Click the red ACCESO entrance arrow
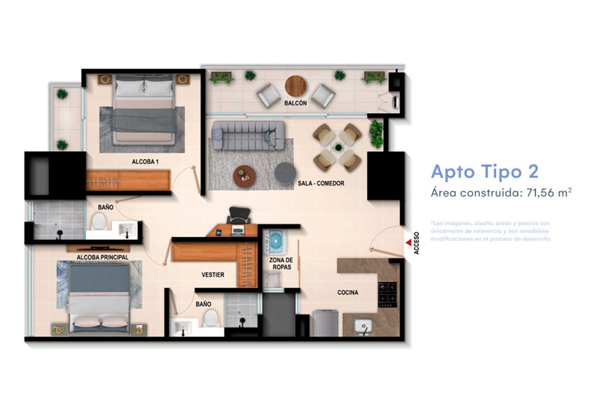click(x=408, y=241)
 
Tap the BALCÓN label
click(x=295, y=103)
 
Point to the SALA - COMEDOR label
click(x=321, y=183)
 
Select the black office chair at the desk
click(x=236, y=215)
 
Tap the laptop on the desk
click(x=237, y=230)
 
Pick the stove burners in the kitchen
click(x=388, y=293)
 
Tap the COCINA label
click(x=348, y=293)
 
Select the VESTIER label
click(x=213, y=275)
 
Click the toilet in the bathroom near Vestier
click(x=211, y=318)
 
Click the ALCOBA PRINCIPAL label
click(x=103, y=257)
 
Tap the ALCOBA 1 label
click(x=145, y=162)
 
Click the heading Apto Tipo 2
click(x=484, y=171)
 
